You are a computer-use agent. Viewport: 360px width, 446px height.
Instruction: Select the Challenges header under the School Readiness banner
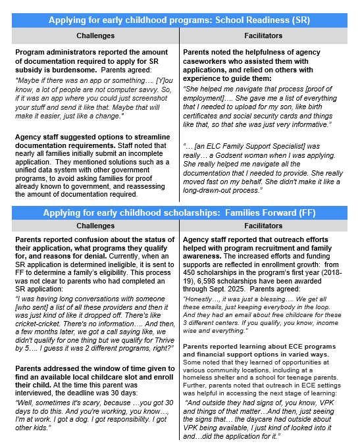click(x=96, y=36)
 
